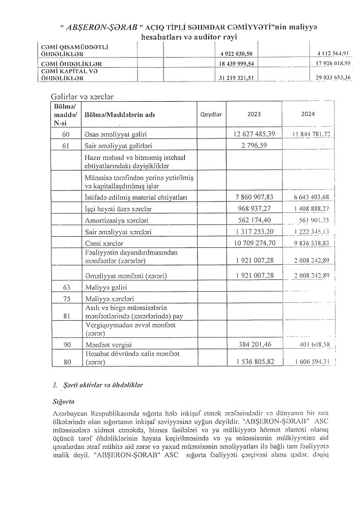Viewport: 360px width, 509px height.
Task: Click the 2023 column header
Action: pos(254,115)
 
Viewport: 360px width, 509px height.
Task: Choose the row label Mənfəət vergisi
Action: pos(107,345)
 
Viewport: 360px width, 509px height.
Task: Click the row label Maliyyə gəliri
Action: pos(105,288)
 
